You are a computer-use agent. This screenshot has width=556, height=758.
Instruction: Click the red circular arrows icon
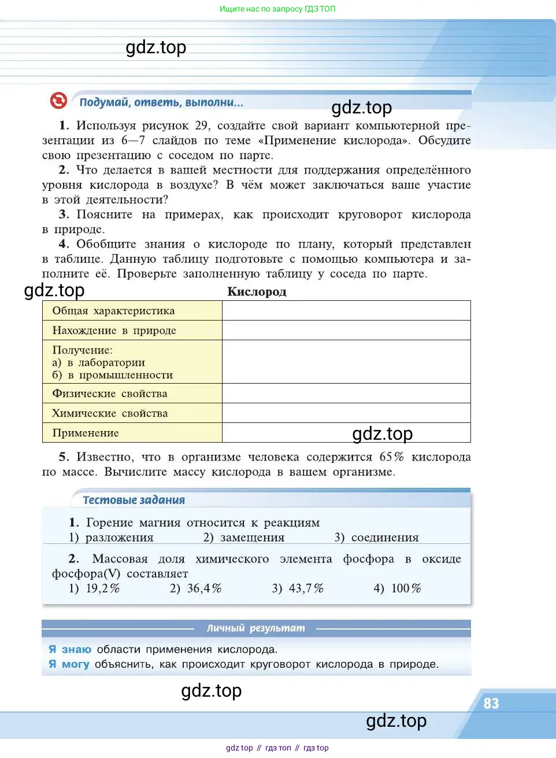[x=58, y=101]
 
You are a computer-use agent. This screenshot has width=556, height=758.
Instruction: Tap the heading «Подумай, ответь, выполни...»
[x=161, y=102]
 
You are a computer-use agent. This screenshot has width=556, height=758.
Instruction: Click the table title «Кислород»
[x=257, y=292]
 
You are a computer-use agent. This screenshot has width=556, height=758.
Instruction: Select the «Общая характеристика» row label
[x=113, y=311]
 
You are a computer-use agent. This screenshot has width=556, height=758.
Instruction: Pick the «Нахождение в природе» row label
[x=114, y=330]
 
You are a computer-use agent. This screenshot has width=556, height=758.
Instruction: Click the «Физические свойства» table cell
[x=110, y=393]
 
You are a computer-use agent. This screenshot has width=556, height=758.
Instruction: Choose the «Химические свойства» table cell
[x=110, y=413]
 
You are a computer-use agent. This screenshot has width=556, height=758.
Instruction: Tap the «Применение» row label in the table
[x=86, y=433]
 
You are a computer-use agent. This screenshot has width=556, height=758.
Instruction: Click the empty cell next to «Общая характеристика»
[x=346, y=311]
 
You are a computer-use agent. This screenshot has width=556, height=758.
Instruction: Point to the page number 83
[x=491, y=703]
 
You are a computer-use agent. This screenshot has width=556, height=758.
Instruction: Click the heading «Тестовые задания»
[x=134, y=500]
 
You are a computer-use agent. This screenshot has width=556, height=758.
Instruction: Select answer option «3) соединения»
[x=376, y=538]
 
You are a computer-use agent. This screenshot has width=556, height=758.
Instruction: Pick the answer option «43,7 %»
[x=298, y=588]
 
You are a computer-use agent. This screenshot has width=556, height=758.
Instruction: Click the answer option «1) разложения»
[x=111, y=538]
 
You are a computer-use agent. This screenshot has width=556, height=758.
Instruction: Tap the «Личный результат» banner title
[x=255, y=628]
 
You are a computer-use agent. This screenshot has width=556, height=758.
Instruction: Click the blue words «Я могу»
[x=69, y=664]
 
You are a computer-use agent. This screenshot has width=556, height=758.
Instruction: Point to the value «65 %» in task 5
[x=391, y=457]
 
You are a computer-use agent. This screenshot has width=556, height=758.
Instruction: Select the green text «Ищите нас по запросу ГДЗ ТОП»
[x=277, y=9]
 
